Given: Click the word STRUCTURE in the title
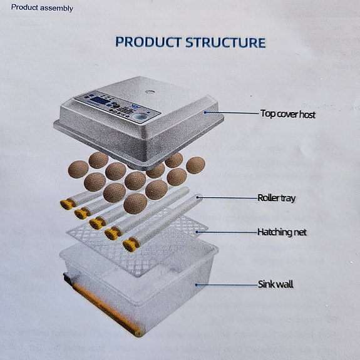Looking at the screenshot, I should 225,43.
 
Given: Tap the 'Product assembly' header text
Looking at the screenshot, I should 42,8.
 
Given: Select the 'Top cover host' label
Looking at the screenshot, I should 287,115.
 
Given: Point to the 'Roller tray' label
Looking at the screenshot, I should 276,198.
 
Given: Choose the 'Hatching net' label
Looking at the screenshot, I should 282,232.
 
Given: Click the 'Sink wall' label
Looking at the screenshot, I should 275,284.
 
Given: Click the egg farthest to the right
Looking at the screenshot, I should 195,165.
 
